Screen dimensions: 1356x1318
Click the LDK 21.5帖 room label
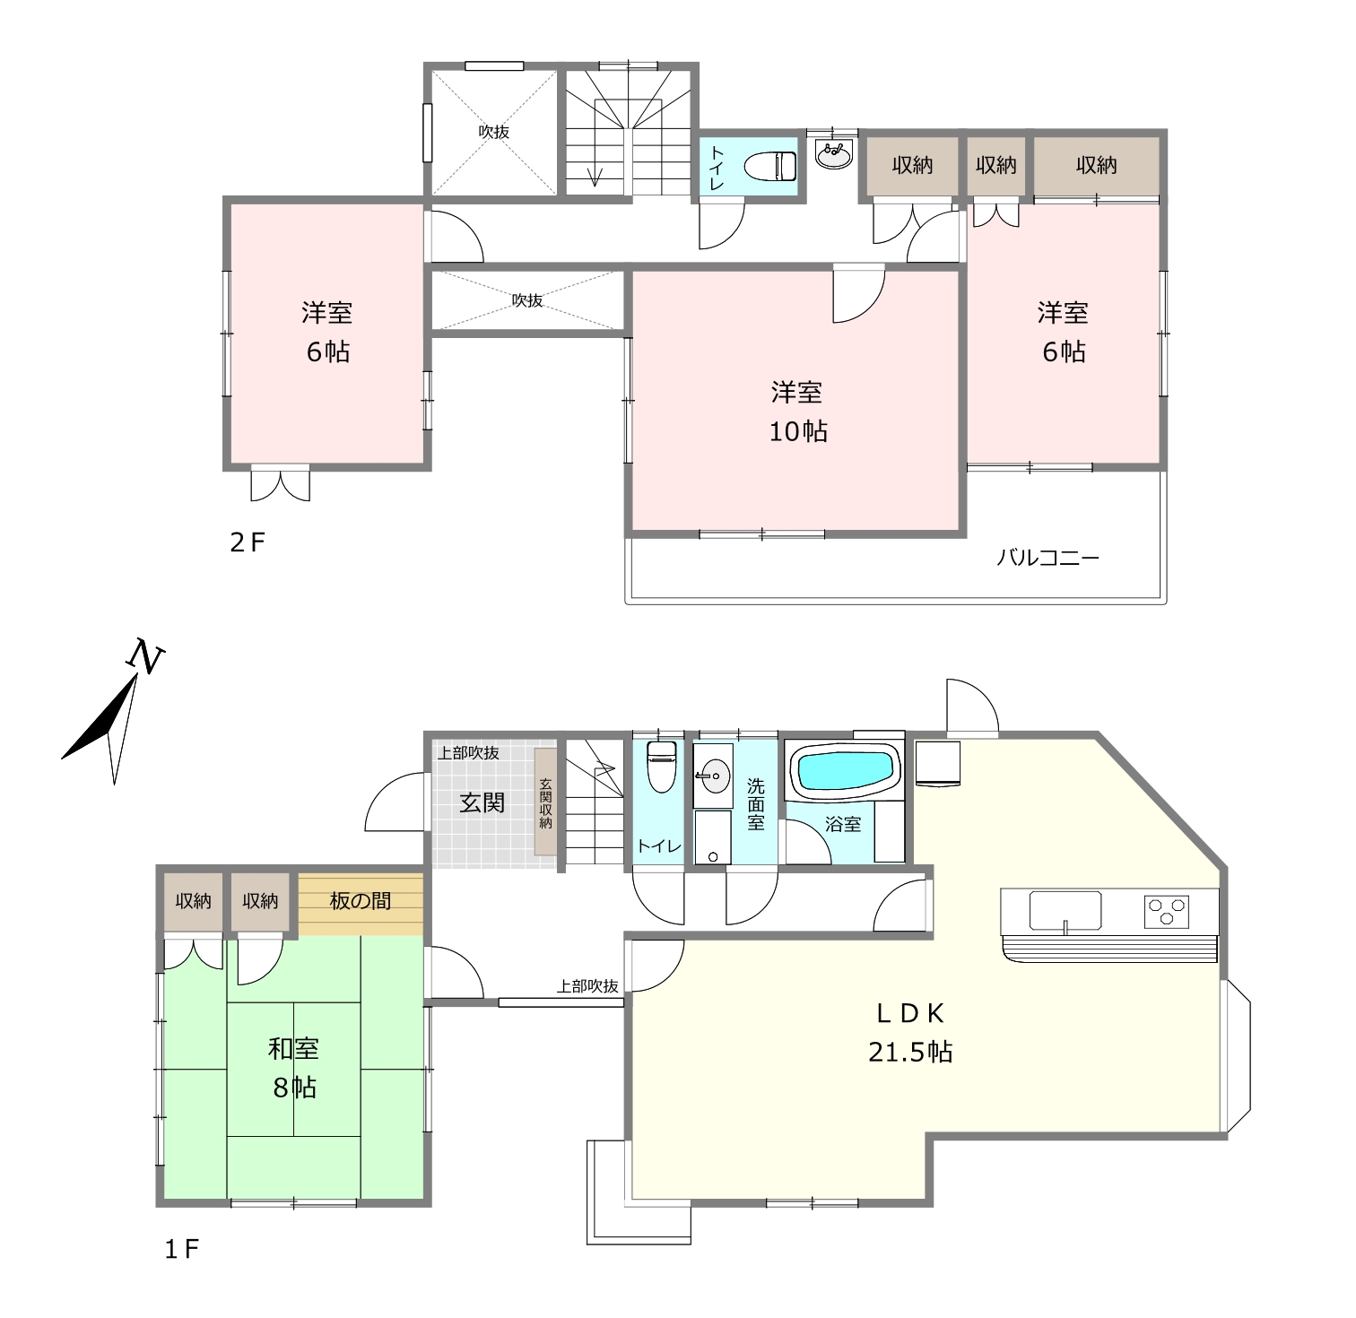(909, 1031)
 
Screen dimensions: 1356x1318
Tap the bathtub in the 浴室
(844, 769)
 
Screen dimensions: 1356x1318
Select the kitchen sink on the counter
(1065, 911)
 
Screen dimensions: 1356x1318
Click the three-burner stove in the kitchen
(1167, 911)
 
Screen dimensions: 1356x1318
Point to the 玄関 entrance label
(482, 802)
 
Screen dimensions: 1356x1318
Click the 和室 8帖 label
(293, 1067)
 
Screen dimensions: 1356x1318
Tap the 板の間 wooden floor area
(361, 903)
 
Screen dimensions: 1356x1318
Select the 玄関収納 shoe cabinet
(545, 802)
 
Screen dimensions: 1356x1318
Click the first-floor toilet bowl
(661, 766)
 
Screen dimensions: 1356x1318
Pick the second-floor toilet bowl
(771, 166)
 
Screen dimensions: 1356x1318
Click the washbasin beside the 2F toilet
(833, 154)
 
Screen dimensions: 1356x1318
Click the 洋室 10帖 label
(797, 412)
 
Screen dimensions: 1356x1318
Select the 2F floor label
(248, 542)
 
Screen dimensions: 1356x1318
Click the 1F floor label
(180, 1249)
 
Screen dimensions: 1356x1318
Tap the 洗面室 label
(756, 804)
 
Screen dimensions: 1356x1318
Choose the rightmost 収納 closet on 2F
(1098, 166)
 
